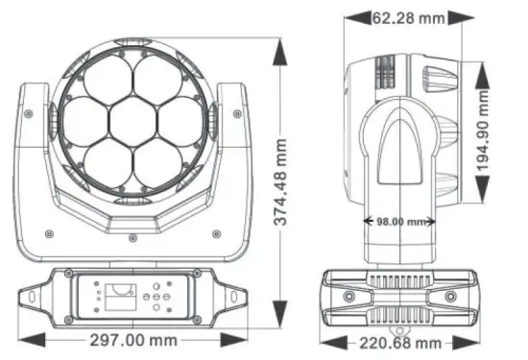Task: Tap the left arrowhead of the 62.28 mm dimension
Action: (x=348, y=16)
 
